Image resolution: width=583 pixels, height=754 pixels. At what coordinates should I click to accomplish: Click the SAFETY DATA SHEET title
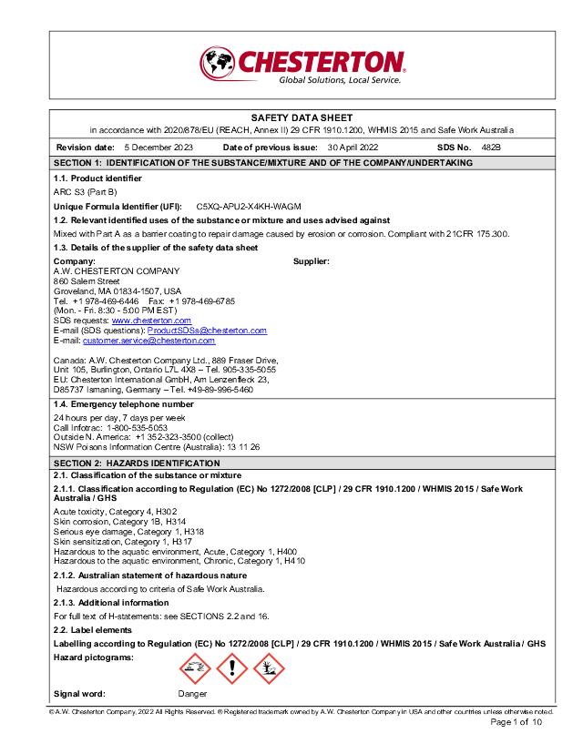[x=302, y=117]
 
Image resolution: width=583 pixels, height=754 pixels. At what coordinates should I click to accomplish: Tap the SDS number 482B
[x=491, y=147]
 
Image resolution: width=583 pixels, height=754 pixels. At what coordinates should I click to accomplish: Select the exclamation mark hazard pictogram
[x=231, y=670]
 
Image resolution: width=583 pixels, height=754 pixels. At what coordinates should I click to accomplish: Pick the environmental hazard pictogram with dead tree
[x=269, y=670]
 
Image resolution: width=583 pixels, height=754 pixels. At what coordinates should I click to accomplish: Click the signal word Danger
[x=192, y=694]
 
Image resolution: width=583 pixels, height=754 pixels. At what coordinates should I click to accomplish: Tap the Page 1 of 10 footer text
[x=517, y=722]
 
